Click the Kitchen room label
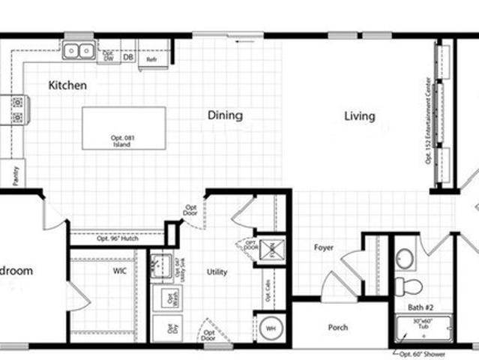67,85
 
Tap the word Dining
225,115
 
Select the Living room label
360,116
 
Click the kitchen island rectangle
124,127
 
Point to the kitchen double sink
78,50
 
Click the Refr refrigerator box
151,58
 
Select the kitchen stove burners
16,110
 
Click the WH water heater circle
270,328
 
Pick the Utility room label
217,272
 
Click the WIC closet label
120,270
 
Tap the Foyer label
324,247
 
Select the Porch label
338,328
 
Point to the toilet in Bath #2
409,286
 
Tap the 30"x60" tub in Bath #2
423,328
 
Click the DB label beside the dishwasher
128,57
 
